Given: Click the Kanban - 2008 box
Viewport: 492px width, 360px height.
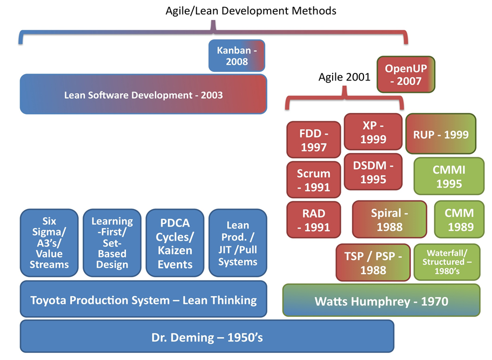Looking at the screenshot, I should (x=237, y=56).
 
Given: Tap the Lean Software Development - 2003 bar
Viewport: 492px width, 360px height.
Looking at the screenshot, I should (x=144, y=94).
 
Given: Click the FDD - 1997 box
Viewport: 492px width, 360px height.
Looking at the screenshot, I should (x=314, y=140).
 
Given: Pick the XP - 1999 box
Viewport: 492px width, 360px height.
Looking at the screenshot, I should (x=373, y=131).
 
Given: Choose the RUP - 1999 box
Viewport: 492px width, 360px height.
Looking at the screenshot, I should (x=441, y=135).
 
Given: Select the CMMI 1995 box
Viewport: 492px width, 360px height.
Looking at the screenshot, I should (x=448, y=176).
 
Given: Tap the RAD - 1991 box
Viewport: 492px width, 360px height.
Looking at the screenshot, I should (x=314, y=219).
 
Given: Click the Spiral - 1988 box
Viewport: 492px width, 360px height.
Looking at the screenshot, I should (x=389, y=219).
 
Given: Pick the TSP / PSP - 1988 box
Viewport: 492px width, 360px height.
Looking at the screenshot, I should (x=373, y=263).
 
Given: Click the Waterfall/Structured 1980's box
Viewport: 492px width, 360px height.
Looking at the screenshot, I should (x=446, y=262).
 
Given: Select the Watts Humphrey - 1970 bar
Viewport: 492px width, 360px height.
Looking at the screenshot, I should (x=381, y=301).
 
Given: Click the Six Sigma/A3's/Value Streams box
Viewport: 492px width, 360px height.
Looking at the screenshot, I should (x=49, y=243).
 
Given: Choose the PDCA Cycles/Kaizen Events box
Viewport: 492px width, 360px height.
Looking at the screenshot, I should (x=175, y=243).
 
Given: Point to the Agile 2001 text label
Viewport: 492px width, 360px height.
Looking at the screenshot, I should (x=344, y=76).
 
